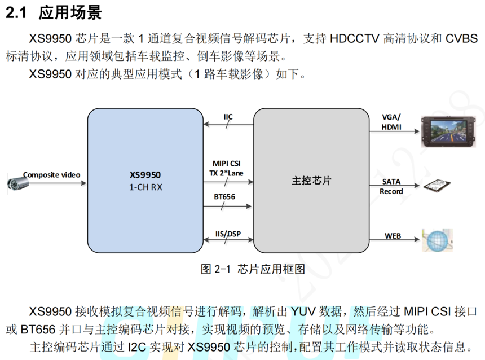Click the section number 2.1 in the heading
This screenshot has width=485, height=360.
pyautogui.click(x=17, y=12)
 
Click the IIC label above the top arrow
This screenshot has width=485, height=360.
pyautogui.click(x=228, y=117)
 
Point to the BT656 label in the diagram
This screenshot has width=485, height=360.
pyautogui.click(x=224, y=197)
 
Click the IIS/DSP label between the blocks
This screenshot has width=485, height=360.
pyautogui.click(x=227, y=233)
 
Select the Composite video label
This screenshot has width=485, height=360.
pyautogui.click(x=51, y=175)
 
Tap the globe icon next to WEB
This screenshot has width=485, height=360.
pyautogui.click(x=438, y=240)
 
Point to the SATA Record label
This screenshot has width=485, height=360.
pyautogui.click(x=391, y=187)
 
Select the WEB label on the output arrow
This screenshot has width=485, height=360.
pyautogui.click(x=393, y=235)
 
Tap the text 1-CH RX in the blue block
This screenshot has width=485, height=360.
pyautogui.click(x=145, y=187)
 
